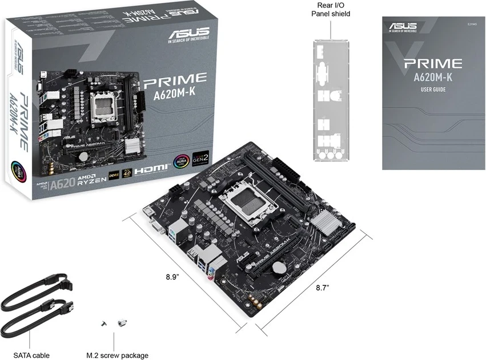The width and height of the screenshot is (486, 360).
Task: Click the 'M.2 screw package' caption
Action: pyautogui.click(x=117, y=355)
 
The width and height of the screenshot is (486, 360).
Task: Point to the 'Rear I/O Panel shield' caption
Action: pyautogui.click(x=331, y=10)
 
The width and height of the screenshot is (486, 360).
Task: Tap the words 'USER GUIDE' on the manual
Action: pyautogui.click(x=433, y=90)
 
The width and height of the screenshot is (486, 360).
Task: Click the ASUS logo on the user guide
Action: pyautogui.click(x=403, y=26)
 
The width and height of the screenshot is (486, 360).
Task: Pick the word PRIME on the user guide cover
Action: pyautogui.click(x=433, y=63)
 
